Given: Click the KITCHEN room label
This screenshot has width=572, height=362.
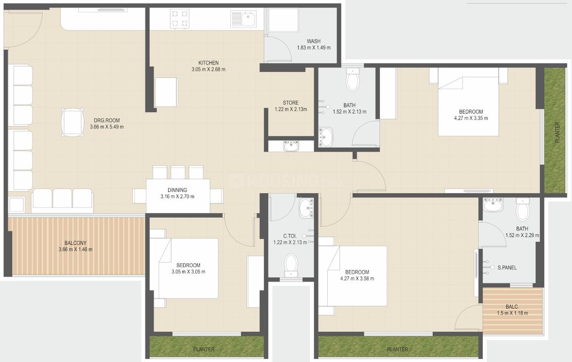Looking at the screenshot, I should (208, 63).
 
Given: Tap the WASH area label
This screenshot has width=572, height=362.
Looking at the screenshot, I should (314, 41).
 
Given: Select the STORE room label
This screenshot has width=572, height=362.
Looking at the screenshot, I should (290, 103).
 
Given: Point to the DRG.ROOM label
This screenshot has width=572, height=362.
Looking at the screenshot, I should (107, 120).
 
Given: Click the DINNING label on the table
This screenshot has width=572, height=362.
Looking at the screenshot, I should (178, 190).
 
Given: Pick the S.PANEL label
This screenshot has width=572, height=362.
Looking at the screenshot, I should (506, 267).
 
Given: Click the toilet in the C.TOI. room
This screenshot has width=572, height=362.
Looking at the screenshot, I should (291, 264).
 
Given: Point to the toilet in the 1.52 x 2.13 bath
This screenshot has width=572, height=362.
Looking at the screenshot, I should (353, 80).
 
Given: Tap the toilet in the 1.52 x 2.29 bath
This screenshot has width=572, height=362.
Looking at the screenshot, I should (523, 210).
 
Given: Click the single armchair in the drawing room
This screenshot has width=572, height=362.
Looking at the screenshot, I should (72, 122).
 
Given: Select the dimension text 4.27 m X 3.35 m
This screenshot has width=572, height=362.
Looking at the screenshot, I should (471, 118).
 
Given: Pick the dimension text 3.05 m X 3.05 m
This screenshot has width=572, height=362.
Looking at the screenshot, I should (188, 272).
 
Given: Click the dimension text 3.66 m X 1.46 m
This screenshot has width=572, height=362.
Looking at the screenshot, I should (75, 249).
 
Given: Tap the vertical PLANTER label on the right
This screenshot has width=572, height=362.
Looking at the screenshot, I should (557, 132).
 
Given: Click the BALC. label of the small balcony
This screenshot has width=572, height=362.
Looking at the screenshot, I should (513, 306).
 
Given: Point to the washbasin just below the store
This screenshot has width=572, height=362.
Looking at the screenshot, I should (291, 146).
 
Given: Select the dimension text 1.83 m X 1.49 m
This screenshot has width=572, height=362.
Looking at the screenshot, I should (314, 48).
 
